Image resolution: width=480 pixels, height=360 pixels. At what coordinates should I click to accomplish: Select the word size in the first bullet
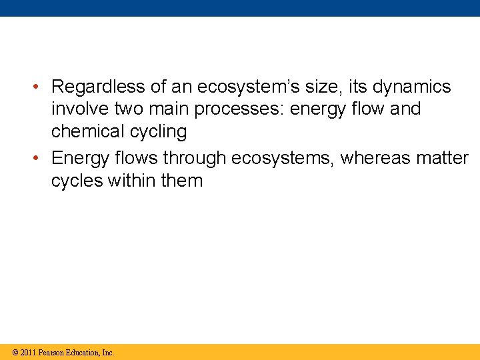pos(325,87)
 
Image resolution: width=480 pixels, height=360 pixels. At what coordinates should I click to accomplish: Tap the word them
pos(182,180)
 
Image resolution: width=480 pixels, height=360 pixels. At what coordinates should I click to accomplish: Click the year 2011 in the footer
pos(29,353)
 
